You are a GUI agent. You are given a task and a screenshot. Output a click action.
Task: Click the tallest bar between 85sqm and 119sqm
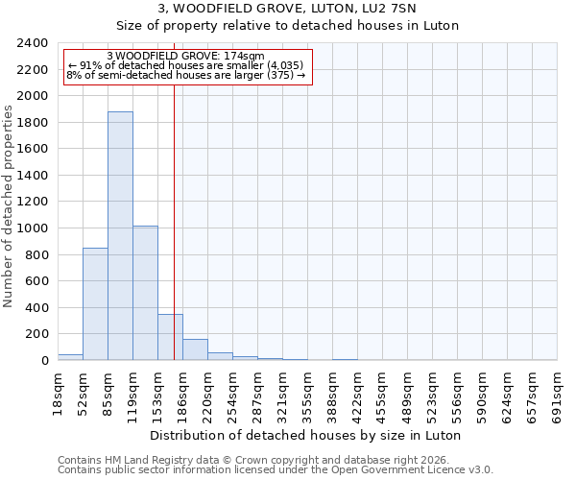[120, 236]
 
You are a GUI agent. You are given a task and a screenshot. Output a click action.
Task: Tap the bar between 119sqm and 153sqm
[145, 293]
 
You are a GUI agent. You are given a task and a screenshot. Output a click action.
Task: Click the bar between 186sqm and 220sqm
[195, 350]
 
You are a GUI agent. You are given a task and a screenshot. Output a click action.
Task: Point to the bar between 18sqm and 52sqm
[70, 357]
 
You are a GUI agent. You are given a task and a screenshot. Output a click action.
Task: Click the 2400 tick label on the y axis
[33, 43]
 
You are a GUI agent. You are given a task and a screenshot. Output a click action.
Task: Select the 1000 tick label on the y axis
[33, 228]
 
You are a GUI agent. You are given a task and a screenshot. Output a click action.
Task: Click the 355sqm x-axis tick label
[308, 396]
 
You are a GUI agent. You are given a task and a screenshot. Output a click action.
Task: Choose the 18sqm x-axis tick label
[59, 393]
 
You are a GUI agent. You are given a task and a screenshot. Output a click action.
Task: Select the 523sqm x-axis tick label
[433, 396]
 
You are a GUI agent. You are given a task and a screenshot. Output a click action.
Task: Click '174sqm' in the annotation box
[244, 57]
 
